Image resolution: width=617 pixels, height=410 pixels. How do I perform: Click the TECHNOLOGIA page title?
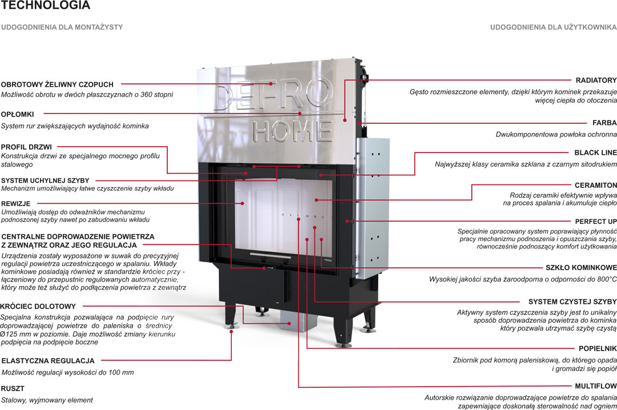[x=46, y=6]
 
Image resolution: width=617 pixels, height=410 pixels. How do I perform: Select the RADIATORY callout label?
[x=596, y=81]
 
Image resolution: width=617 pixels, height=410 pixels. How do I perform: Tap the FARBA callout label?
[x=604, y=123]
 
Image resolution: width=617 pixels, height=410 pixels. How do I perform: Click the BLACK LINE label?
[x=595, y=152]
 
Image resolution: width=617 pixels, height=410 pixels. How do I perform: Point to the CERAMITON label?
[x=595, y=186]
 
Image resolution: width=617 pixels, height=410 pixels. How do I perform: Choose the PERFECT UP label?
[x=595, y=221]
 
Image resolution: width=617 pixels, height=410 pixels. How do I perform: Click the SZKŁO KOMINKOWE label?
[x=581, y=268]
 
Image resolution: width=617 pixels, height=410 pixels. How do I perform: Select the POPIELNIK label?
[x=598, y=348]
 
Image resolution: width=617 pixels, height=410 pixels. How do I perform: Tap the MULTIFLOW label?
[x=596, y=386]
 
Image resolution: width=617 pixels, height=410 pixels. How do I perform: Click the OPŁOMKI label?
[x=17, y=114]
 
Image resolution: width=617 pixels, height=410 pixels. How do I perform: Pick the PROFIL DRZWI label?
[x=26, y=147]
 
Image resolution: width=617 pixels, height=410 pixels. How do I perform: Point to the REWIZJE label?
[x=15, y=203]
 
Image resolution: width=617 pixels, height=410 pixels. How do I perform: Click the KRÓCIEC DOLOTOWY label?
[x=38, y=307]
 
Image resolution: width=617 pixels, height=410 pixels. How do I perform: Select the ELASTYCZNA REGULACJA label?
[x=48, y=361]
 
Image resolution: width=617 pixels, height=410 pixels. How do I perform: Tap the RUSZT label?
[x=13, y=388]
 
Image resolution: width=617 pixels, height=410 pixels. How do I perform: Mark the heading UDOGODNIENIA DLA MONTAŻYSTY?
[x=62, y=27]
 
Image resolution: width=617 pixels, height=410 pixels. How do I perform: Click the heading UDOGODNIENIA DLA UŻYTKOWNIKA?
[x=553, y=27]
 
